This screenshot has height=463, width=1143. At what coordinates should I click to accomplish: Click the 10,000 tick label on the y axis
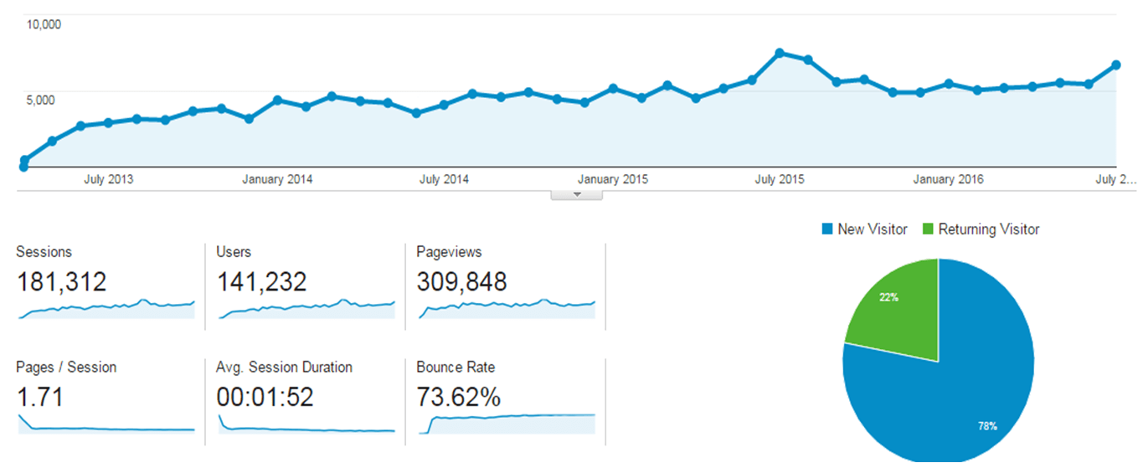pyautogui.click(x=44, y=23)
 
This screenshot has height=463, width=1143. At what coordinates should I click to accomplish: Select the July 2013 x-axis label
pyautogui.click(x=108, y=179)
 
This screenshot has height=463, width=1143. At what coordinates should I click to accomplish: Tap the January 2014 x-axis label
pyautogui.click(x=277, y=179)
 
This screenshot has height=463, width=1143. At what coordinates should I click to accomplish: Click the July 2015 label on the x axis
pyautogui.click(x=780, y=179)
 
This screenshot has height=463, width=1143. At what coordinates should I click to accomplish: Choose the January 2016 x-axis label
pyautogui.click(x=948, y=179)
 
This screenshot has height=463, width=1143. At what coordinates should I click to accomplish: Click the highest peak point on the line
pyautogui.click(x=780, y=53)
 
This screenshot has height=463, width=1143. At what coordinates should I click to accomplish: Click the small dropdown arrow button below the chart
pyautogui.click(x=576, y=195)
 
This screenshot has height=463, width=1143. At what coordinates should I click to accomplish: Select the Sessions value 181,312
pyautogui.click(x=62, y=282)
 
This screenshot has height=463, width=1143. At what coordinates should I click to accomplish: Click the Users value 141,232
pyautogui.click(x=262, y=282)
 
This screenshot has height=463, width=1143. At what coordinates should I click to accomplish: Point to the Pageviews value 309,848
pyautogui.click(x=461, y=282)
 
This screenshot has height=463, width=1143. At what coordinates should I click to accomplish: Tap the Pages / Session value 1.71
pyautogui.click(x=39, y=397)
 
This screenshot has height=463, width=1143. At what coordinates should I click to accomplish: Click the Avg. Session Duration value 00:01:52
pyautogui.click(x=265, y=397)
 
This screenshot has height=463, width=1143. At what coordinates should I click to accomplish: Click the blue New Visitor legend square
pyautogui.click(x=827, y=229)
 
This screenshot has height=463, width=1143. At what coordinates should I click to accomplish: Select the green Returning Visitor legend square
pyautogui.click(x=928, y=229)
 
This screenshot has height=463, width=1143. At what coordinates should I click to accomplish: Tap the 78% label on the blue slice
pyautogui.click(x=987, y=426)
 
